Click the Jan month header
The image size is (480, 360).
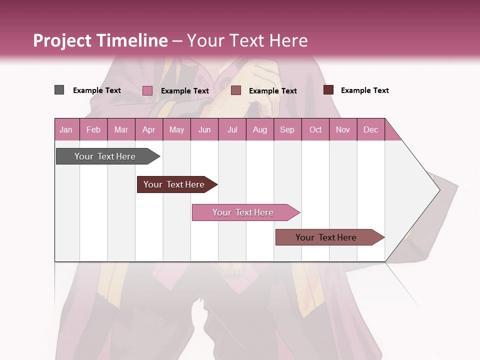click(x=66, y=129)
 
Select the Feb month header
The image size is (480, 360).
click(x=93, y=129)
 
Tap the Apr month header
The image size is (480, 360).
click(x=148, y=129)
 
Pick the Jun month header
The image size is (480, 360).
click(x=204, y=129)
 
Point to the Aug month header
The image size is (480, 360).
click(x=259, y=129)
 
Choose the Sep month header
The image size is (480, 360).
click(x=287, y=129)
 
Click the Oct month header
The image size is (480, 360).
click(x=315, y=129)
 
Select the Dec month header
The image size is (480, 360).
click(x=370, y=129)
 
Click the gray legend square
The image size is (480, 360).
click(x=59, y=90)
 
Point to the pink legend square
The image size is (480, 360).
click(x=147, y=90)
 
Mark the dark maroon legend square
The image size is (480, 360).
click(x=328, y=90)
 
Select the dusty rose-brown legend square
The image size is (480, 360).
click(x=236, y=90)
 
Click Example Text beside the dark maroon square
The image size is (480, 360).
click(x=364, y=90)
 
